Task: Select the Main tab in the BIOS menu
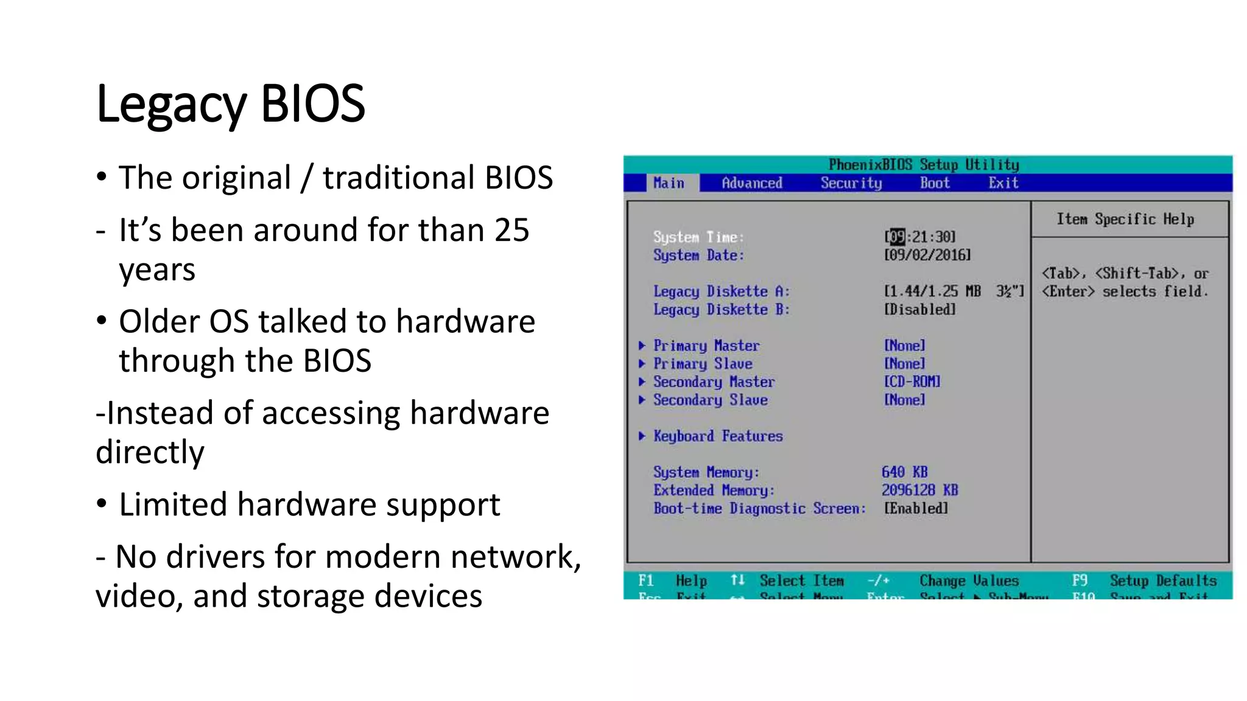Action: pyautogui.click(x=669, y=183)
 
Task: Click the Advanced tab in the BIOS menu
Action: pyautogui.click(x=751, y=183)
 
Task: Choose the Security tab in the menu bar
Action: pyautogui.click(x=851, y=183)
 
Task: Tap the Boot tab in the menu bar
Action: pyautogui.click(x=934, y=183)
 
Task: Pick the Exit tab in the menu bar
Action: pyautogui.click(x=1003, y=183)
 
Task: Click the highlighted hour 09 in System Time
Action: pyautogui.click(x=896, y=237)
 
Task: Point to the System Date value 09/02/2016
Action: pyautogui.click(x=927, y=255)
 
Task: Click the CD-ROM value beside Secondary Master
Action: pyautogui.click(x=912, y=382)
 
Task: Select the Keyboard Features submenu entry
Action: pyautogui.click(x=717, y=436)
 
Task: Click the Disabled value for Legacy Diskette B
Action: pyautogui.click(x=919, y=310)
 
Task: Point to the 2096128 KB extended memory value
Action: pyautogui.click(x=919, y=490)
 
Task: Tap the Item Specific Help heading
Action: pyautogui.click(x=1125, y=219)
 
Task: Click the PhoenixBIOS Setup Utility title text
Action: pyautogui.click(x=923, y=165)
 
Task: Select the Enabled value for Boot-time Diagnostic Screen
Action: pyautogui.click(x=916, y=509)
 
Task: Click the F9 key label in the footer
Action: pyautogui.click(x=1079, y=581)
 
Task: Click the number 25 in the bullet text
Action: pyautogui.click(x=511, y=231)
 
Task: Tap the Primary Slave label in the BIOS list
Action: pyautogui.click(x=703, y=364)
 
